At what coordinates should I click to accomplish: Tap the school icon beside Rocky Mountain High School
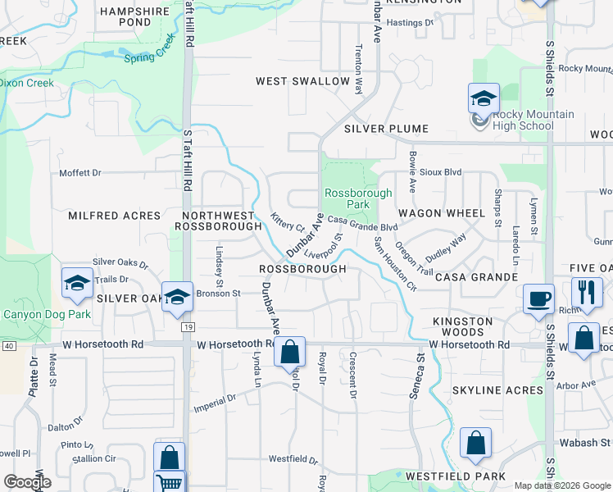point(484,98)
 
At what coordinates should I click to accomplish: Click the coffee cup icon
point(538,298)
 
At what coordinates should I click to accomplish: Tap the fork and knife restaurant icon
point(587,292)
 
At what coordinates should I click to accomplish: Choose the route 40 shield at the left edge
point(8,346)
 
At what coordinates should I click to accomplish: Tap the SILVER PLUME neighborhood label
point(386,129)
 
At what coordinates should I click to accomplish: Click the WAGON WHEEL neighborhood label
point(453,213)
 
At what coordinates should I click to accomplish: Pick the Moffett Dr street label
point(79,173)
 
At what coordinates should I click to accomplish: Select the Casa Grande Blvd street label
point(362,224)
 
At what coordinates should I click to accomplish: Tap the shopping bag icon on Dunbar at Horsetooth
point(289,352)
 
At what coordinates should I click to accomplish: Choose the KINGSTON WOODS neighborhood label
point(463,326)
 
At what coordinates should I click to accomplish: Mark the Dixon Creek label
point(27,83)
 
